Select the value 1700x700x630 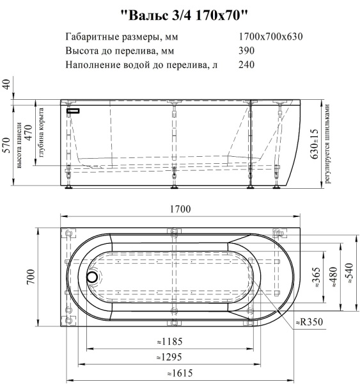click(x=270, y=36)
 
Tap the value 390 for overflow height click(x=247, y=51)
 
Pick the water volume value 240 click(x=247, y=65)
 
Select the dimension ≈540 click(x=350, y=276)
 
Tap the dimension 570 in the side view click(x=8, y=145)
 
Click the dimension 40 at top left click(x=8, y=85)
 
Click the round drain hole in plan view click(x=93, y=278)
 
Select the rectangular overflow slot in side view click(x=75, y=110)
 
